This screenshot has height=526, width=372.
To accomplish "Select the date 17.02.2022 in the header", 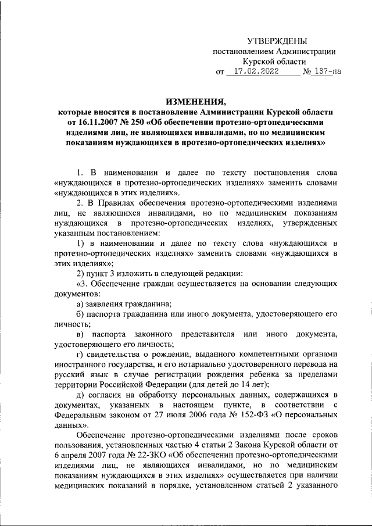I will pyautogui.click(x=253, y=73).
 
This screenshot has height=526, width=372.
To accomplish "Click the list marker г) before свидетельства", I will pyautogui.click(x=80, y=355).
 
